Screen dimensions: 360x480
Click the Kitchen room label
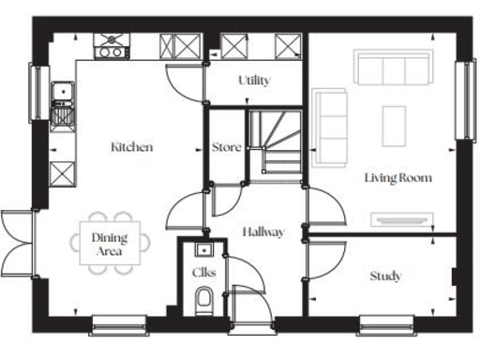click(132, 147)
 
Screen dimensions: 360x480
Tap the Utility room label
click(254, 81)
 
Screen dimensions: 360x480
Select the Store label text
click(227, 147)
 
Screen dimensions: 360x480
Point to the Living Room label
click(398, 177)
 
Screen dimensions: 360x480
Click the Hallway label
click(262, 232)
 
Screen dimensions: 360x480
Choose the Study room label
click(385, 276)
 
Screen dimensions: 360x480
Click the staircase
click(277, 142)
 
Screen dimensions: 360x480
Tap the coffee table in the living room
click(394, 126)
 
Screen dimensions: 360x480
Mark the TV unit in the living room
click(401, 219)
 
